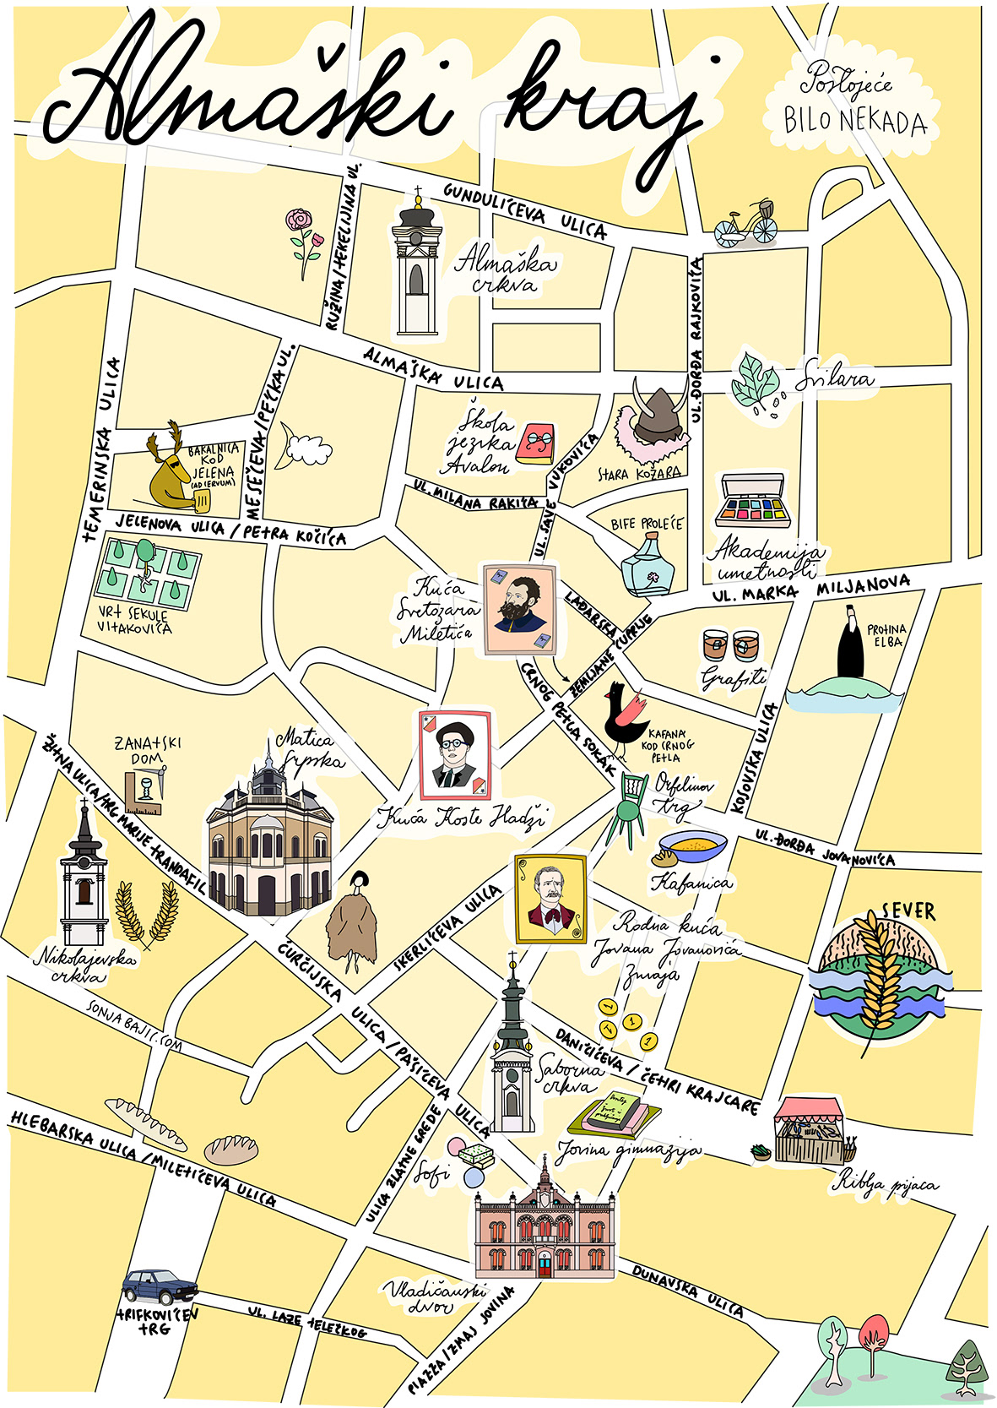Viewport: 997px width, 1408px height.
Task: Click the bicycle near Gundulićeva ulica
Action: pos(746,226)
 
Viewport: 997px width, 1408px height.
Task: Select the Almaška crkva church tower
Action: pos(417,269)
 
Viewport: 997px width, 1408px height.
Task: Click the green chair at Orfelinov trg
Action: pos(628,807)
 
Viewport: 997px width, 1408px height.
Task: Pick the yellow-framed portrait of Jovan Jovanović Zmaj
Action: pos(550,899)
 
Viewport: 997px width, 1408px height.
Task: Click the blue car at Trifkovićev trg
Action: pos(160,1286)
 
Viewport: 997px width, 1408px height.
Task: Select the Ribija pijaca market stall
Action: pos(808,1132)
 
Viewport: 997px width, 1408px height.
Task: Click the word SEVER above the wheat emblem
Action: pos(908,911)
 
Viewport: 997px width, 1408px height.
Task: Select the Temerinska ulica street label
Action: pos(102,448)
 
